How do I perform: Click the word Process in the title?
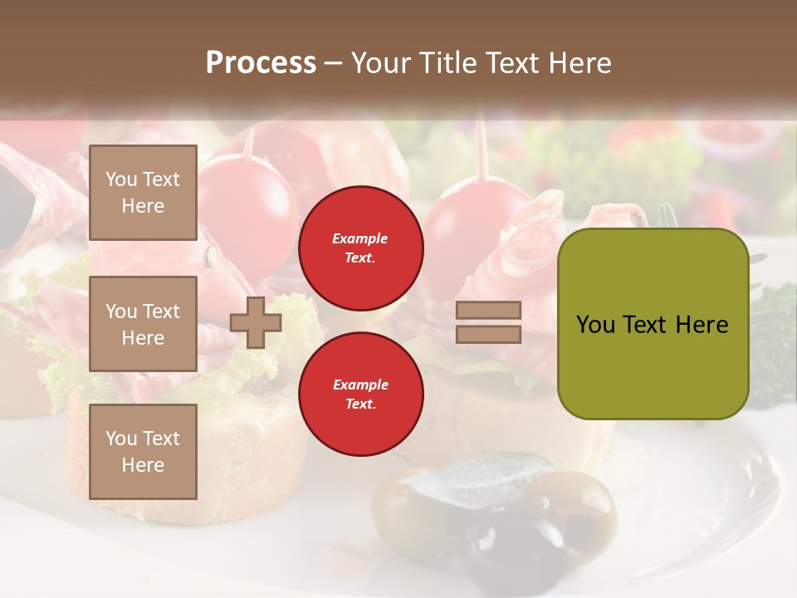pos(261,63)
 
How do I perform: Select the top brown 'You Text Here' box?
pos(143,193)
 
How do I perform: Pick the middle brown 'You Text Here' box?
pos(143,324)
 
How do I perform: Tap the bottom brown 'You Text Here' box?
pos(143,451)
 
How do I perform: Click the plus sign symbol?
pos(256,322)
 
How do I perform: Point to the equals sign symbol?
pos(488,322)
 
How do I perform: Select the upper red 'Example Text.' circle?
pos(360,248)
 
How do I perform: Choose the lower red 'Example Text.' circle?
pos(360,394)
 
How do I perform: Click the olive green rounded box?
pos(653,324)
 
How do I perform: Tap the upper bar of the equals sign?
pos(488,311)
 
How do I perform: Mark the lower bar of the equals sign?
pos(488,334)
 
